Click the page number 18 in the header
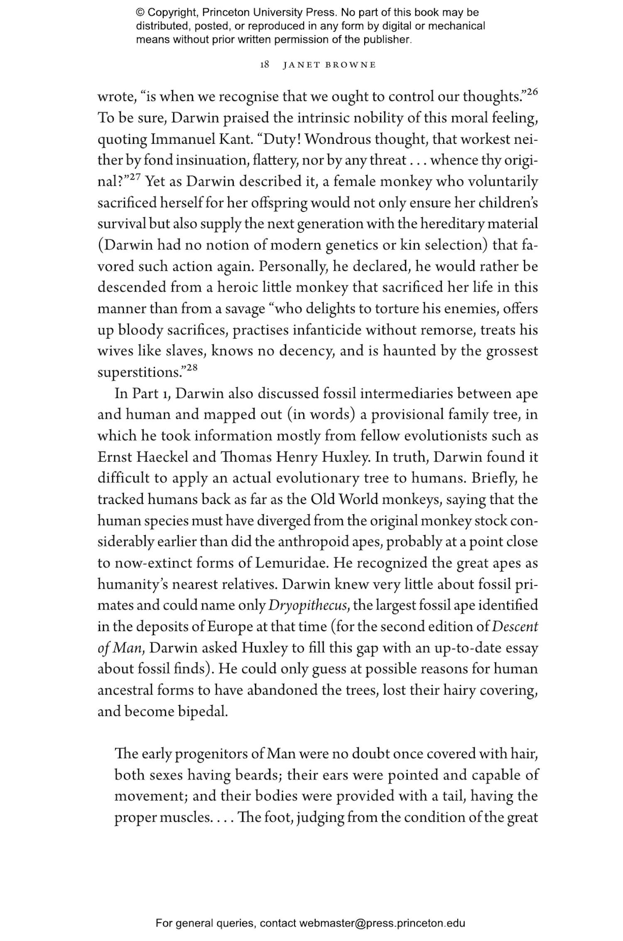click(265, 65)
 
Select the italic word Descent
click(515, 627)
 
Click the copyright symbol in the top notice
click(140, 12)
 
